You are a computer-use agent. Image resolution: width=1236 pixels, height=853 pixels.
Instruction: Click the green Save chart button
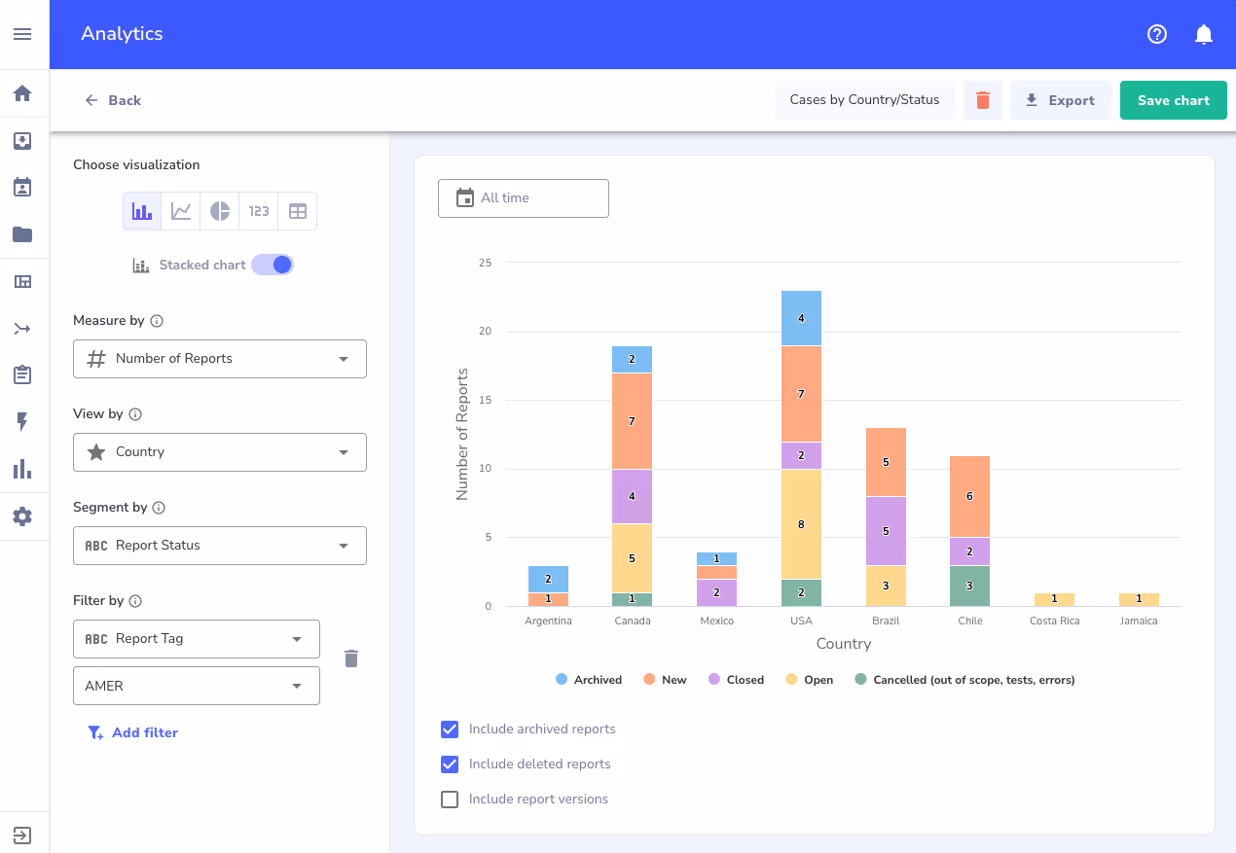[1173, 100]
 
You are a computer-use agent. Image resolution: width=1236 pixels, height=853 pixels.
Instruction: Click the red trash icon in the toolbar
[982, 100]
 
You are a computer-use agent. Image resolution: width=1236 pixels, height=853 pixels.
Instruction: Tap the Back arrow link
[112, 100]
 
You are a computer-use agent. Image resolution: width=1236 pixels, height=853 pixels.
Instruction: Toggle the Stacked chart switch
[273, 265]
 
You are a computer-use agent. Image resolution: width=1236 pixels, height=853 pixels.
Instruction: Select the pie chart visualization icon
[220, 211]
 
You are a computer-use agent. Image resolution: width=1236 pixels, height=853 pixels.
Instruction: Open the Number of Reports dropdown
[219, 359]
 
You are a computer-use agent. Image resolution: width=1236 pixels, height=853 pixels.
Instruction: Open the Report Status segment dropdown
[219, 546]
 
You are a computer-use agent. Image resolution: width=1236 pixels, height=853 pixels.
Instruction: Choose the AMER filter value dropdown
[196, 686]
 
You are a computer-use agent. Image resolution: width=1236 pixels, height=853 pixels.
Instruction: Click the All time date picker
[523, 198]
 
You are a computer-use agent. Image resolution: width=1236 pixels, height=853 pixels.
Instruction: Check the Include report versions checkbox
[450, 800]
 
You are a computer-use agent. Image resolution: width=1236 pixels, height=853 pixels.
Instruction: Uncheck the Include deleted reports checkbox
[450, 764]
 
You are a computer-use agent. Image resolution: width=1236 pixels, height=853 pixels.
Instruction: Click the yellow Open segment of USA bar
[801, 524]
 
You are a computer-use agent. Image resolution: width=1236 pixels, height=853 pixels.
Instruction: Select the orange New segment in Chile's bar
[969, 496]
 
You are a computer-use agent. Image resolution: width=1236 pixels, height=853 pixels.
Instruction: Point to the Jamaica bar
[1139, 599]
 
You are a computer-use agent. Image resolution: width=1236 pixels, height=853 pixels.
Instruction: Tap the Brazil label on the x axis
[886, 621]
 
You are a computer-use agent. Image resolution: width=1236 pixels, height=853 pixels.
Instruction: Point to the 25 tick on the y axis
[485, 264]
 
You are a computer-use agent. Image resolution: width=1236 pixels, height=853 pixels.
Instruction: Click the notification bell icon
[1204, 34]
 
